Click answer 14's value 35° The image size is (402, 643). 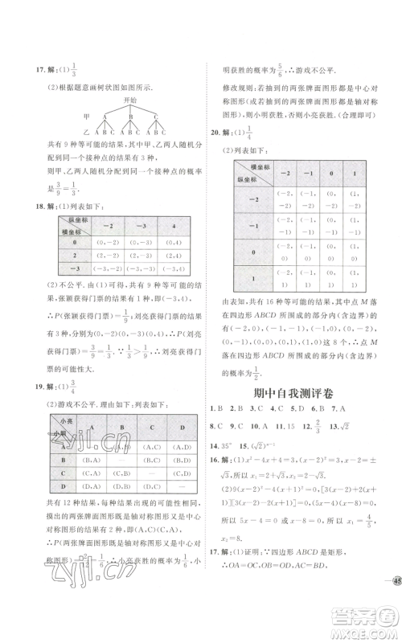(237, 445)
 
